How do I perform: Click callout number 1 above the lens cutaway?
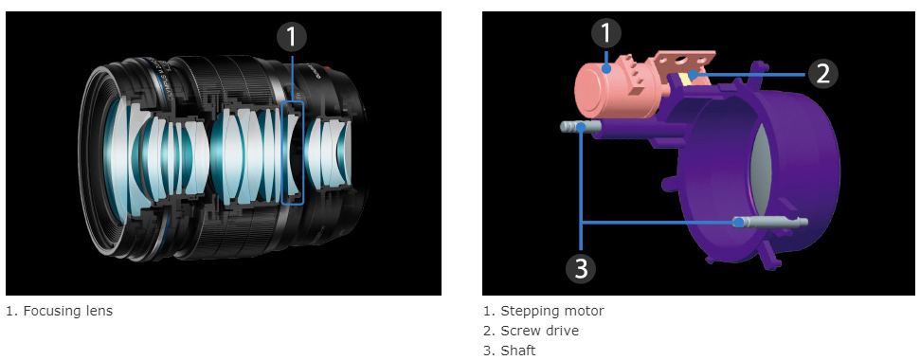click(x=292, y=38)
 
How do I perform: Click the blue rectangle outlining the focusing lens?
click(x=282, y=153)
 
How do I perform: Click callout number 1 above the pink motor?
click(x=606, y=34)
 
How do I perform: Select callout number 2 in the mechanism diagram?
click(x=822, y=75)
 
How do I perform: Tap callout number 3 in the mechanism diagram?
click(x=581, y=268)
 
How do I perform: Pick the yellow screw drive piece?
click(x=685, y=79)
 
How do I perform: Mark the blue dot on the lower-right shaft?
click(x=739, y=223)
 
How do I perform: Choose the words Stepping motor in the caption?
click(x=552, y=311)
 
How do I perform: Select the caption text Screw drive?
click(x=539, y=331)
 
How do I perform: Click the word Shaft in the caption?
click(x=518, y=351)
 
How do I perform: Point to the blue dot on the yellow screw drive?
click(x=694, y=75)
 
